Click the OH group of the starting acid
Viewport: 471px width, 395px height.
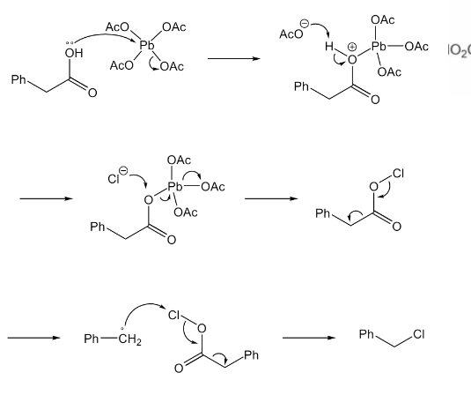pos(74,53)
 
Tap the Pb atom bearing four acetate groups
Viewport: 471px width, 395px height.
pos(147,46)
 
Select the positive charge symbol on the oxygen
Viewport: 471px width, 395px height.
pos(352,47)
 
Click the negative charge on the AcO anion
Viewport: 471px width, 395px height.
pos(305,24)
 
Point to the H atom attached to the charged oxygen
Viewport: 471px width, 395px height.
pos(329,47)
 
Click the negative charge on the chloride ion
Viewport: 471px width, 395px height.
pos(123,171)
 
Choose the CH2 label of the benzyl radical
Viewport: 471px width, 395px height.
pos(129,339)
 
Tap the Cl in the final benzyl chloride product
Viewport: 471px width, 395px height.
pos(419,334)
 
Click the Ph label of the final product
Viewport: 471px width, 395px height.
pos(366,334)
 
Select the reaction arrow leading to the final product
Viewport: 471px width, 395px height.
pos(309,338)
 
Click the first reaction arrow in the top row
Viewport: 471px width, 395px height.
pos(234,58)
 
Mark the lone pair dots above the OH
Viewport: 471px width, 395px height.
pos(69,43)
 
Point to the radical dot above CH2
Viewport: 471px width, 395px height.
pos(122,329)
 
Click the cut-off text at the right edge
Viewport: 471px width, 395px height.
pos(460,50)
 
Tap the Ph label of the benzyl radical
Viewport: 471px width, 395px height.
pos(92,339)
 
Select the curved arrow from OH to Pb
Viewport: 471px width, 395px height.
pos(104,34)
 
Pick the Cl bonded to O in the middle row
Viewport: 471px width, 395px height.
pos(398,174)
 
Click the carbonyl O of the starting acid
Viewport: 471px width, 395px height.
pos(92,93)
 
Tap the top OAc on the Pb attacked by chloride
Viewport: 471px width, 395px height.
pos(179,160)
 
